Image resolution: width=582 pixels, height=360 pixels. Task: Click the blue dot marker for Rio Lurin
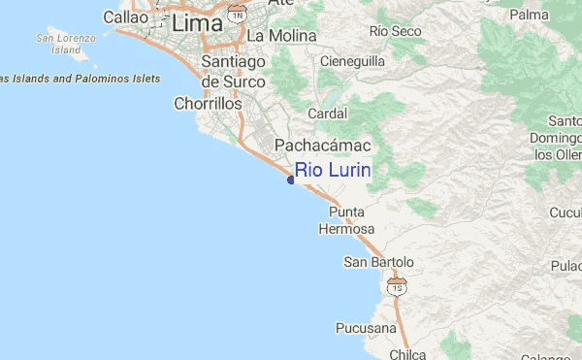coord(291,180)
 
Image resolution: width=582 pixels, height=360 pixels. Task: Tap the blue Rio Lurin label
coord(334,171)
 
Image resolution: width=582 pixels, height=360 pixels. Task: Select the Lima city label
coord(202,26)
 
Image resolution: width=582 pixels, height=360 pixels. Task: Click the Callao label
coord(125,17)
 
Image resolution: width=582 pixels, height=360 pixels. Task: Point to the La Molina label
coord(282,36)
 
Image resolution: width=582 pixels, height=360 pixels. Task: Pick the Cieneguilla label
coord(354,60)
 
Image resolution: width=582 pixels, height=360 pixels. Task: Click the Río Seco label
coord(396,32)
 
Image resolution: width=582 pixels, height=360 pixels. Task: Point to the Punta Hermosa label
coord(345,220)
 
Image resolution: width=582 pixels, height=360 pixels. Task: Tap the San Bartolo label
coord(379,262)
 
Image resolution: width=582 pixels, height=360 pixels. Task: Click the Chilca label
coord(407,354)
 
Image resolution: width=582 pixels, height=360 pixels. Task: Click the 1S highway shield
coord(396,286)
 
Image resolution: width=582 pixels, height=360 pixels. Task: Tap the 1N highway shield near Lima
coord(238,13)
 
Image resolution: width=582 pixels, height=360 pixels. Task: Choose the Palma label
coord(529,16)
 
